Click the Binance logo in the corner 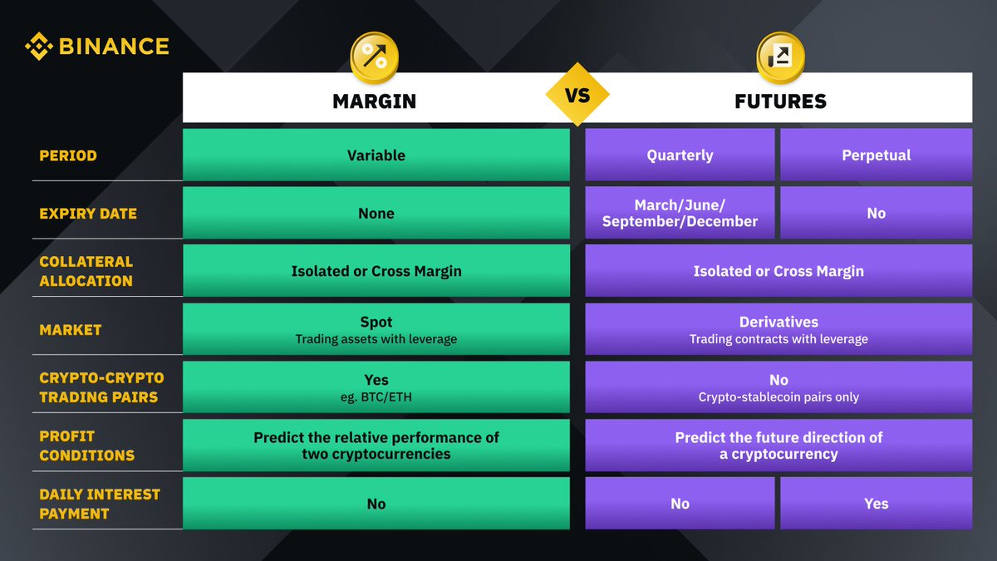96,47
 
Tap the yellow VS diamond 577,95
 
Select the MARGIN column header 374,101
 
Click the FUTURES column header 780,101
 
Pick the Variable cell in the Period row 376,155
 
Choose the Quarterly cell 680,155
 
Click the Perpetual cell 876,155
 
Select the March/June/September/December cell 680,213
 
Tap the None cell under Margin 376,213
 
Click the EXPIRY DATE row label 88,214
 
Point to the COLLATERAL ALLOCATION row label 86,271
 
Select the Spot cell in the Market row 376,329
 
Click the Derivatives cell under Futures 778,329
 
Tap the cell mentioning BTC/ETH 376,387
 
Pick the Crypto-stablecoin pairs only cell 778,387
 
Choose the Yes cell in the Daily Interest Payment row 876,504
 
